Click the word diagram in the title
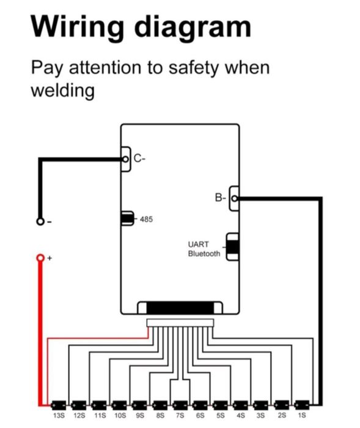[193, 27]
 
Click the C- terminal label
[139, 158]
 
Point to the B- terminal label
[220, 197]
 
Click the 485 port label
[146, 219]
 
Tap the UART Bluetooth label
[204, 249]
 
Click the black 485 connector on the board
[127, 218]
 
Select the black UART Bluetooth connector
[232, 247]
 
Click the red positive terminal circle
[40, 257]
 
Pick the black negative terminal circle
[40, 221]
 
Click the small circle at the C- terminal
[125, 159]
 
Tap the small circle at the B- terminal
[235, 199]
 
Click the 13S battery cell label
[59, 416]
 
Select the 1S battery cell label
[302, 415]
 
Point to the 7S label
[180, 416]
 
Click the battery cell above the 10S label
[119, 405]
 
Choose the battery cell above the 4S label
[240, 405]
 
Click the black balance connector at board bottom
[180, 308]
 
